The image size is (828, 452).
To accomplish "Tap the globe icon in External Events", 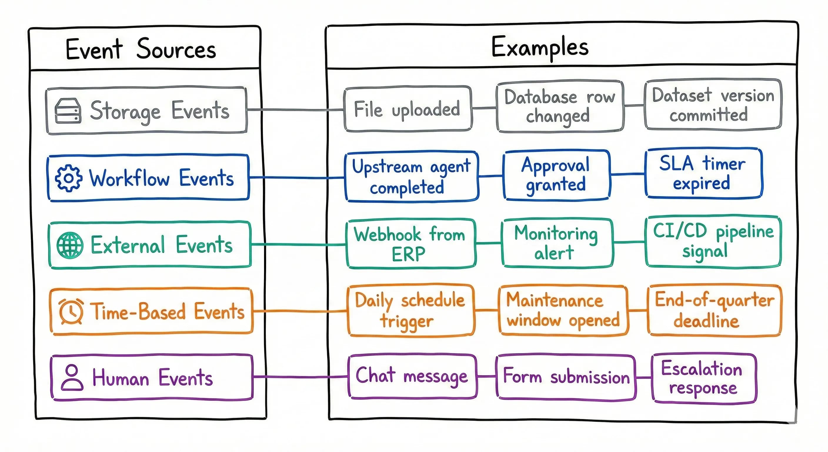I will (70, 245).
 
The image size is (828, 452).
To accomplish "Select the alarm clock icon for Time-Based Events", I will (71, 311).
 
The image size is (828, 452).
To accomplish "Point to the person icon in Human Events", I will (72, 377).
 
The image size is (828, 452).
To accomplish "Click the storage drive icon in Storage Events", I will (68, 111).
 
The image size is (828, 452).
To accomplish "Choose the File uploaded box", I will (407, 109).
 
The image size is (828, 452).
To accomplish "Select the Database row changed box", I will (560, 107).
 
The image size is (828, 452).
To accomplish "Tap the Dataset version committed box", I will (713, 105).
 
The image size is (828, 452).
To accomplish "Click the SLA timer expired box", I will (703, 173).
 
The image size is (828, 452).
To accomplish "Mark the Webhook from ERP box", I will (410, 244).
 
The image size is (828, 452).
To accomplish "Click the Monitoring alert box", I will (556, 243).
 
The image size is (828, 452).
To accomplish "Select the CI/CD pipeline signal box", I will (713, 242).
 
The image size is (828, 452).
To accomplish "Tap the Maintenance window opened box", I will (562, 310).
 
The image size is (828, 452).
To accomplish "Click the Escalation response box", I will (703, 378).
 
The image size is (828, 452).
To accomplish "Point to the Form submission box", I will (566, 377).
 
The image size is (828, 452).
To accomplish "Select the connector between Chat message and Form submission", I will (486, 376).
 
